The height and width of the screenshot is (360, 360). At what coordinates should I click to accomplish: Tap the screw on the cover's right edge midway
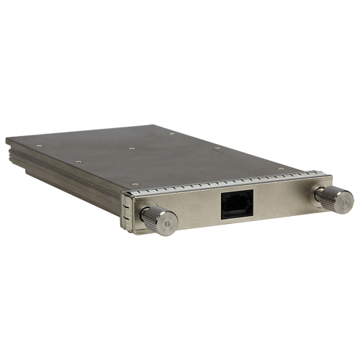click(x=217, y=148)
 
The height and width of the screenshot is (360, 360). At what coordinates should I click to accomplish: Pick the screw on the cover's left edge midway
click(x=78, y=162)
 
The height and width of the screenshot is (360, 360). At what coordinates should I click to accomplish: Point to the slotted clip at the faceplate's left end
click(x=129, y=212)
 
